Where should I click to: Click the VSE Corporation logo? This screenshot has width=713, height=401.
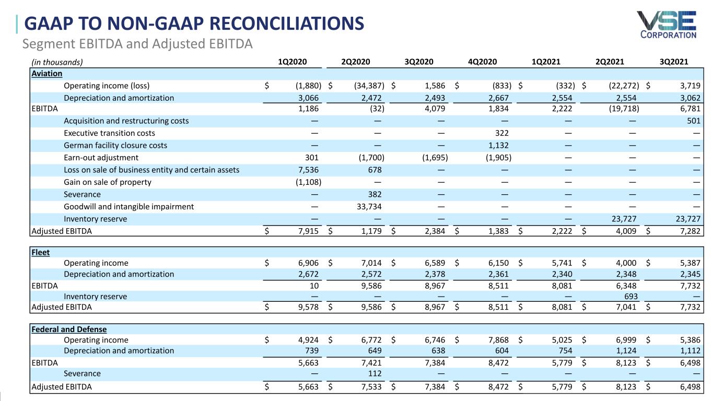666,25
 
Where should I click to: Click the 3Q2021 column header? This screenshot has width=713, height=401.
674,62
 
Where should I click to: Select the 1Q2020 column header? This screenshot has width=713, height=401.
293,62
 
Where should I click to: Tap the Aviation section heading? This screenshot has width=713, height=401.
47,74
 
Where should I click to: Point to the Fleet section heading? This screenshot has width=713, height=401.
41,252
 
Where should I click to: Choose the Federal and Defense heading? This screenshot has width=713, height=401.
69,329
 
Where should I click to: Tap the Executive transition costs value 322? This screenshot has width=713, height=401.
502,133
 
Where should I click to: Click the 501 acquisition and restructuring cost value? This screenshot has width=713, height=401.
693,121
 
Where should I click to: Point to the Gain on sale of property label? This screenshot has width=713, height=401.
107,182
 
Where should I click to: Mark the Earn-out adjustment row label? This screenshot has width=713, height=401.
101,158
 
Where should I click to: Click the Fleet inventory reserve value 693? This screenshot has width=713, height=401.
630,297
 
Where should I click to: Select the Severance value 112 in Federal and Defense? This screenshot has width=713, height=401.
375,373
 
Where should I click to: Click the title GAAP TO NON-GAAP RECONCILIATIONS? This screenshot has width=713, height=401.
194,23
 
